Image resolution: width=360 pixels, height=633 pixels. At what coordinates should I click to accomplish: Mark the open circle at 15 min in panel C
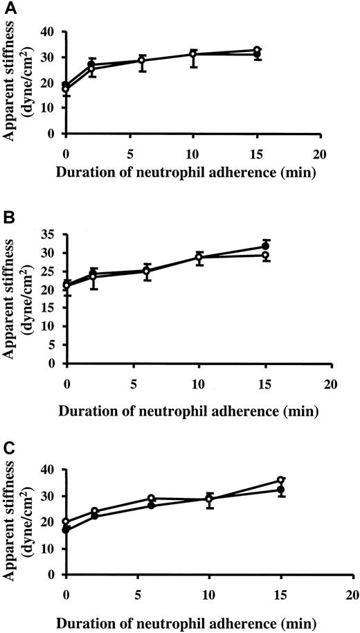tap(280, 481)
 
